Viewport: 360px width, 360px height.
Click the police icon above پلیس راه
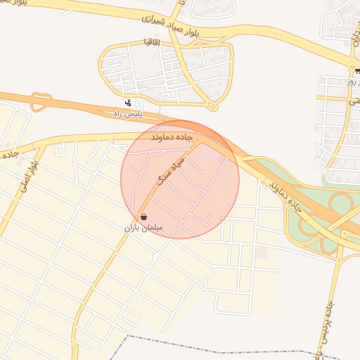(127, 103)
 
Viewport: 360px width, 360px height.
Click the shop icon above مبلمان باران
(144, 218)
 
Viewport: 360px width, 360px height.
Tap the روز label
(352, 82)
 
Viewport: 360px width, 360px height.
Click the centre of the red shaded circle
(180, 179)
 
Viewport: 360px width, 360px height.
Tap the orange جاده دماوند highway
(84, 106)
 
